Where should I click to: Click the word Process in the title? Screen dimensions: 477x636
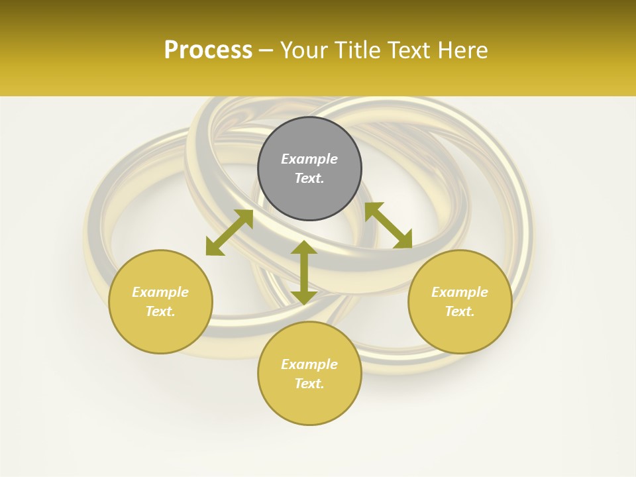[208, 50]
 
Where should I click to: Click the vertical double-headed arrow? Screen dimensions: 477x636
[303, 272]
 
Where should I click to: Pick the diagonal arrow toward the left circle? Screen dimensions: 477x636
[229, 233]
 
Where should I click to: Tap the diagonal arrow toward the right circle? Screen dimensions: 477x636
[388, 225]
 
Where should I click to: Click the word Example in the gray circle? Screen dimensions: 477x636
[309, 159]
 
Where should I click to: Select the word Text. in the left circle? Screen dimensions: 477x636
[160, 311]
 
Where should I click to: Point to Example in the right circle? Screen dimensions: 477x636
[460, 292]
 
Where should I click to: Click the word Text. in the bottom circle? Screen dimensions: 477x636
[309, 384]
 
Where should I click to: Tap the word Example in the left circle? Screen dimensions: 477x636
[160, 292]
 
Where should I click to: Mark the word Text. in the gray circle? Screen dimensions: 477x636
[309, 178]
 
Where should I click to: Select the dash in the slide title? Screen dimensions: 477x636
[266, 50]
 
